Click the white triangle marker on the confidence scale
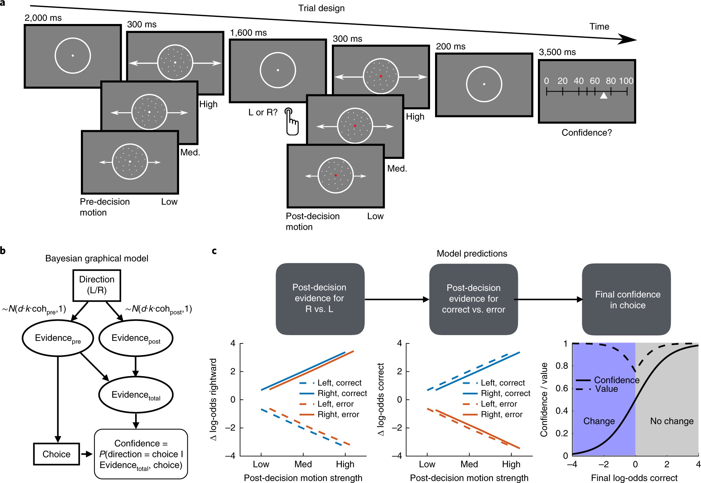[603, 96]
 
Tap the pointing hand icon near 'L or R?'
[292, 122]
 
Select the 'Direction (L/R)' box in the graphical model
[97, 285]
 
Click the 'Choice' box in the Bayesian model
[57, 454]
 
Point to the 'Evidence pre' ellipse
[58, 338]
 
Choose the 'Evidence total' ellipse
[136, 395]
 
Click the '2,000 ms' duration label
[43, 18]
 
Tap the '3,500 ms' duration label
[557, 52]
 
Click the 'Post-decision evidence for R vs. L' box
[320, 298]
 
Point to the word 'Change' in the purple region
[599, 421]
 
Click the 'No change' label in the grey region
[672, 421]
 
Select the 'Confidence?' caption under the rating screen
[586, 133]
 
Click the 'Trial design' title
[321, 8]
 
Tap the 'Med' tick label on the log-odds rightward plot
[303, 464]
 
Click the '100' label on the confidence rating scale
[626, 81]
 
